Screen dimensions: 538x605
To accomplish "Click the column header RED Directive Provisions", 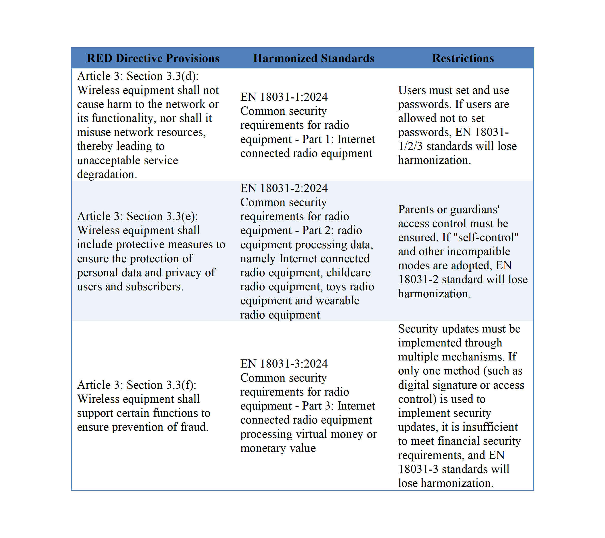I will coord(153,58).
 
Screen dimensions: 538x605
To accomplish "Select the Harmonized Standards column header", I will coord(314,58).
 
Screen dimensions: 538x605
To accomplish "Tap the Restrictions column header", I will coord(463,58).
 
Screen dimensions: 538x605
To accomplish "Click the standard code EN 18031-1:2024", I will coord(284,97).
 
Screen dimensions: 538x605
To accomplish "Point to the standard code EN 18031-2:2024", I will coord(284,188).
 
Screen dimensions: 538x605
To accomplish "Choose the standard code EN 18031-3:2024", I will coord(284,364).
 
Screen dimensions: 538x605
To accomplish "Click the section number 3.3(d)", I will coord(182,76).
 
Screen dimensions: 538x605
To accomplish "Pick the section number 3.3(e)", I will coord(182,216).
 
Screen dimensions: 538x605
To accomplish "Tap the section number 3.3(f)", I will coord(181,385).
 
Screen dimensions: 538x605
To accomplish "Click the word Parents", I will coord(417,209).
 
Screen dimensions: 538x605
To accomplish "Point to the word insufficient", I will coord(490,427).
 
